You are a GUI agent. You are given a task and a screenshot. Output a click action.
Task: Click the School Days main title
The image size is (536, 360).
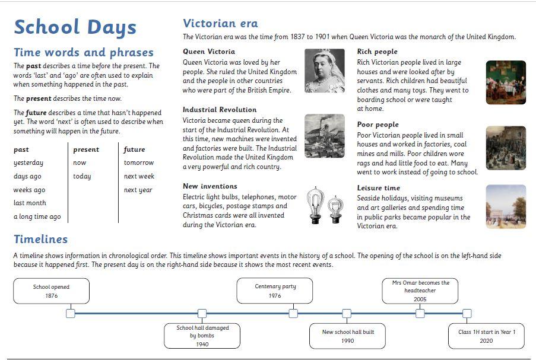(x=75, y=27)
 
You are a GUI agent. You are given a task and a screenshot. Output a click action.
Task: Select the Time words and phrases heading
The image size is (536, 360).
(x=83, y=52)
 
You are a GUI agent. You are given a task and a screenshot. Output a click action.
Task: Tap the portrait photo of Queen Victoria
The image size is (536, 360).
(x=324, y=71)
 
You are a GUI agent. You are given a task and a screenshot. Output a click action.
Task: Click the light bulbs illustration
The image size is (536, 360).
(x=325, y=205)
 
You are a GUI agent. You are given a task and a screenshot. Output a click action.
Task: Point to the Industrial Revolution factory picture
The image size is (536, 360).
(x=324, y=135)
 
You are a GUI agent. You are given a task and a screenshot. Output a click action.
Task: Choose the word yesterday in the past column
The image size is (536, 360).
(x=28, y=163)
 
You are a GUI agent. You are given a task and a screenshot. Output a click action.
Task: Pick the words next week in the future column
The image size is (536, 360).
(x=139, y=176)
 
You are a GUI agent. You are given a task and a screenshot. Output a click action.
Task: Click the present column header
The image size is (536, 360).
(x=86, y=149)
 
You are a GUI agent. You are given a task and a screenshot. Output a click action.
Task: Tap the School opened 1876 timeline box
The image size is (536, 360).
(x=52, y=291)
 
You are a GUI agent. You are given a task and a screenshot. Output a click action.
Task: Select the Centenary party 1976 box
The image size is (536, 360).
(x=275, y=291)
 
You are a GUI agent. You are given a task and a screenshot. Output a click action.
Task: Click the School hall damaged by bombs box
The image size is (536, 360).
(x=202, y=336)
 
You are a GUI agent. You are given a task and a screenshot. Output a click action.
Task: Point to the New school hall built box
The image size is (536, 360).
(x=348, y=336)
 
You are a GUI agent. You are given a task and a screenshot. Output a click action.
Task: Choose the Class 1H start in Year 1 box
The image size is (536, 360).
(x=487, y=336)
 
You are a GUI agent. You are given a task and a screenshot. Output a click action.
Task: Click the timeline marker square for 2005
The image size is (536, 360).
(x=420, y=313)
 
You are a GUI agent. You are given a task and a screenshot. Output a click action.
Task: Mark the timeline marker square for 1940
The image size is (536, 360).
(x=202, y=313)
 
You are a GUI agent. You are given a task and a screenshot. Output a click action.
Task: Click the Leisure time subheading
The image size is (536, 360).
(x=378, y=188)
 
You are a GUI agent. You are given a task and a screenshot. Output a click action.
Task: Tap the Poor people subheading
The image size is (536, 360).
(x=378, y=125)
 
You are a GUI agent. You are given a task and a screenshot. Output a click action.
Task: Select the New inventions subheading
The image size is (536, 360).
(x=210, y=186)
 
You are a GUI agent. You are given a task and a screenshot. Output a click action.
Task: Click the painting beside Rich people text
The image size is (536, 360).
(x=506, y=82)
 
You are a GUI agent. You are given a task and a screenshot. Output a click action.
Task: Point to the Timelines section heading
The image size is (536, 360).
(x=40, y=239)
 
